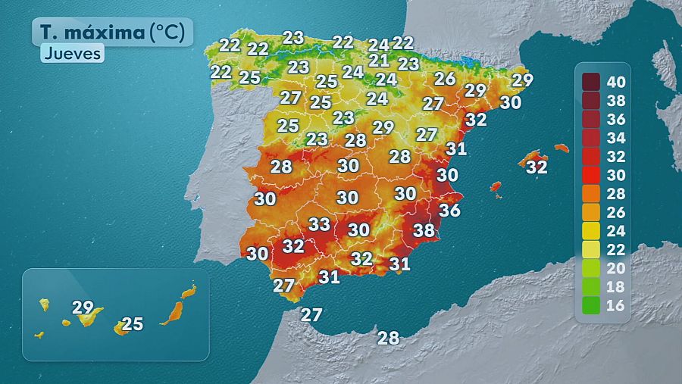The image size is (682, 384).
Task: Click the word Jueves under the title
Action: click(x=72, y=54)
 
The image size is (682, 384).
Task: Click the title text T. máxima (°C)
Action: click(x=112, y=32)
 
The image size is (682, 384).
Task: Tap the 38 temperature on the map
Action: click(x=424, y=230)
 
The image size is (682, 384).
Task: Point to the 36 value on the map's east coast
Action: click(x=449, y=210)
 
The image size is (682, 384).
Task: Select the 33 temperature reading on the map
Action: click(x=319, y=224)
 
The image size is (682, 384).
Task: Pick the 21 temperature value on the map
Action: click(x=379, y=61)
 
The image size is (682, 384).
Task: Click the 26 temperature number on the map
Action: click(x=445, y=78)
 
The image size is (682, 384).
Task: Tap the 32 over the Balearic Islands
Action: click(x=537, y=167)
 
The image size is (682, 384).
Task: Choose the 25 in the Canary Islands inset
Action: click(x=133, y=324)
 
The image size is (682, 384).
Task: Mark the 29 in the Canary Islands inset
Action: click(x=83, y=308)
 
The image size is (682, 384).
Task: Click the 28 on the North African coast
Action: click(x=388, y=338)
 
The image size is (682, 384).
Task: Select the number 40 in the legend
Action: click(x=615, y=81)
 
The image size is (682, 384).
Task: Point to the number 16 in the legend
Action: click(x=615, y=306)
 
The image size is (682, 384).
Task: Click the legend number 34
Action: click(x=615, y=137)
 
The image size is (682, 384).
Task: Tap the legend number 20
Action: click(x=615, y=268)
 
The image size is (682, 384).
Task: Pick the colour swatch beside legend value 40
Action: click(x=591, y=81)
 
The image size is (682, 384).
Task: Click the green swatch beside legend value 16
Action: click(x=591, y=306)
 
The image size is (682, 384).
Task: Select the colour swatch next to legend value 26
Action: click(x=591, y=212)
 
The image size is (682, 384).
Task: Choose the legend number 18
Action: click(x=615, y=287)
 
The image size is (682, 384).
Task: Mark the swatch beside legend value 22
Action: click(x=591, y=249)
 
